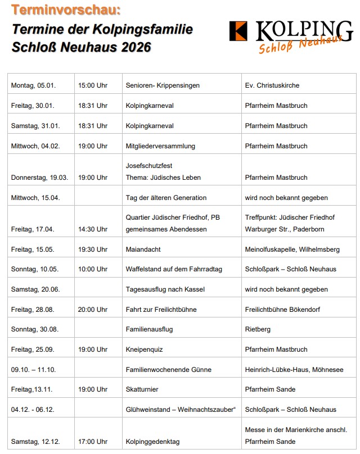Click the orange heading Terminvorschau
66,10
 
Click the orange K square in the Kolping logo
239,31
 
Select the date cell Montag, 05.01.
34,85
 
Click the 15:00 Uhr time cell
93,85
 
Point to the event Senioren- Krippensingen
163,85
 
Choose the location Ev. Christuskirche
272,85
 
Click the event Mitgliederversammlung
160,146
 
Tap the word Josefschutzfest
148,166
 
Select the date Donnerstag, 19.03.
39,178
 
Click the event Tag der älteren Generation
166,198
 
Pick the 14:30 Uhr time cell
93,229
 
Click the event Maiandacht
143,249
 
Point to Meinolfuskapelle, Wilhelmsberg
292,249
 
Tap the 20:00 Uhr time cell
93,310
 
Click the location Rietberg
258,329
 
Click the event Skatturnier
142,389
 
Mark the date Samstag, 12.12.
35,442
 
